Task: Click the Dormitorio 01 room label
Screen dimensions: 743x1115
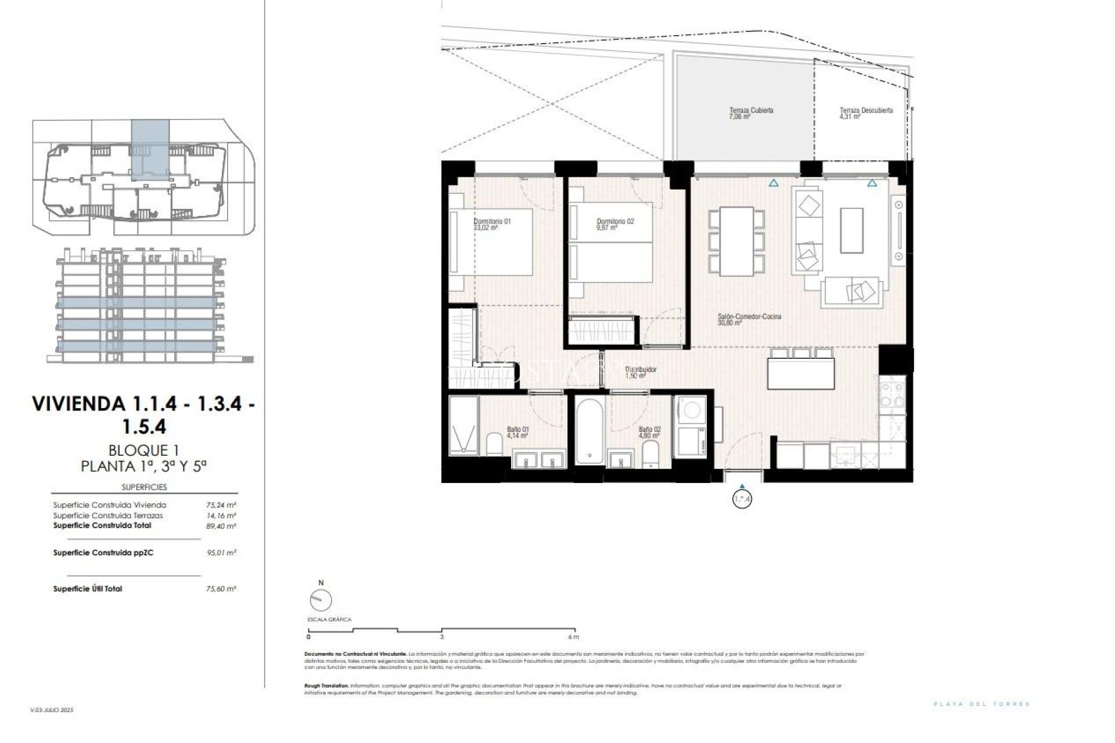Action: coord(492,222)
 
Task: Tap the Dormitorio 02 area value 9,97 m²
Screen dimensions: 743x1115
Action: coord(606,228)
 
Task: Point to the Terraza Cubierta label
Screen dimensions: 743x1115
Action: coord(751,110)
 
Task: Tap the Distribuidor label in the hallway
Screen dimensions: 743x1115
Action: coord(641,369)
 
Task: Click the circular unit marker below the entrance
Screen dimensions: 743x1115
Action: coord(742,499)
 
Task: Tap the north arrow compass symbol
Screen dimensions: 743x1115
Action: coord(321,600)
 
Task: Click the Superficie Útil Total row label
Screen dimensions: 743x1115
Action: coord(88,589)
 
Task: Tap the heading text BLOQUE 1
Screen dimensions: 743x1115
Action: coord(143,450)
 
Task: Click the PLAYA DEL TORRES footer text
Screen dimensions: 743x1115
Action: coord(981,704)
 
